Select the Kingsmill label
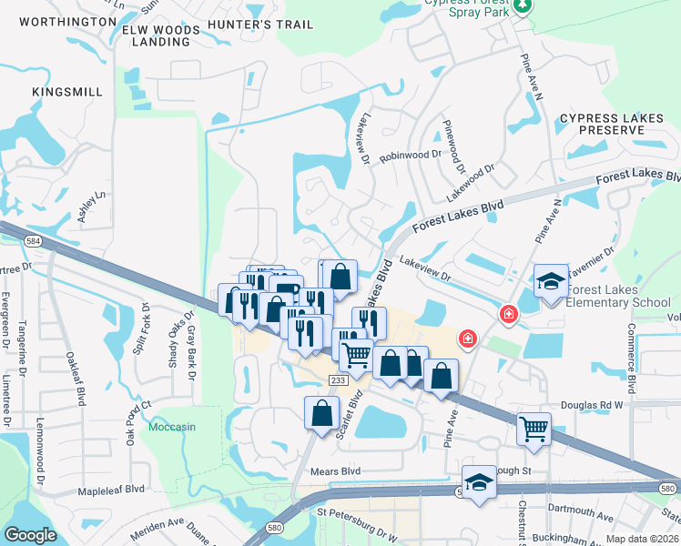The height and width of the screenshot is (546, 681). (x=62, y=92)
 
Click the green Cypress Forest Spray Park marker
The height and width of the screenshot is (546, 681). (x=522, y=7)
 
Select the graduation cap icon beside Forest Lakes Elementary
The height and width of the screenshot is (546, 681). (x=551, y=281)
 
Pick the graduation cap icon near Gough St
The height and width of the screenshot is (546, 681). (x=479, y=482)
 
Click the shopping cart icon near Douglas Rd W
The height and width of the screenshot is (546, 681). (x=534, y=428)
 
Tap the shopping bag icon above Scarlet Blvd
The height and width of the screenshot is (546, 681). (x=322, y=413)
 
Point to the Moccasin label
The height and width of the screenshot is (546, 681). (x=173, y=427)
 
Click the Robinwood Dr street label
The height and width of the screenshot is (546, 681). (x=410, y=156)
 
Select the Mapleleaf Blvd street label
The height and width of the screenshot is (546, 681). (x=112, y=489)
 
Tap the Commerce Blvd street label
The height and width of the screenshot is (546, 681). (x=631, y=349)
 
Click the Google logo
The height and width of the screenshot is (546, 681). (x=31, y=535)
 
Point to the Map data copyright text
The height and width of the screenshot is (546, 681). (x=642, y=539)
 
